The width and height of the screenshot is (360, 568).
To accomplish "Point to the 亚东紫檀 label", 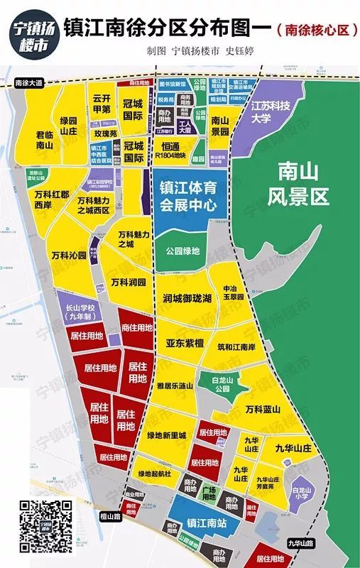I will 185,343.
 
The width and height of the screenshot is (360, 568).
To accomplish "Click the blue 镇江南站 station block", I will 201,524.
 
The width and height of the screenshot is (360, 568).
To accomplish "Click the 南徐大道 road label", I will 29,83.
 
